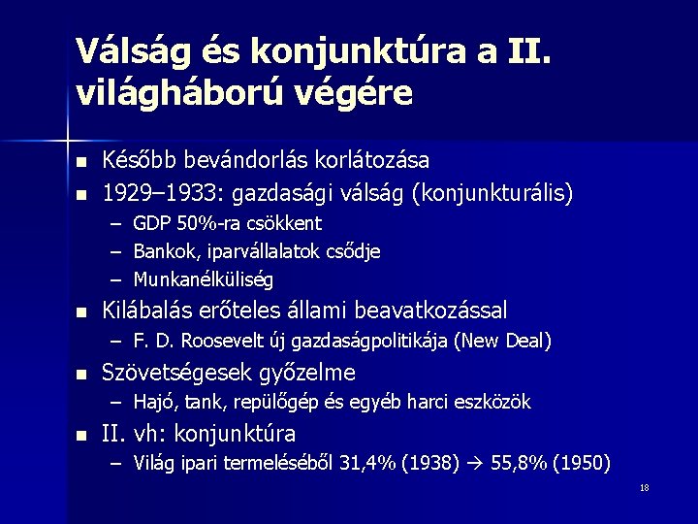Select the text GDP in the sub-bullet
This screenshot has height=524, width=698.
point(150,224)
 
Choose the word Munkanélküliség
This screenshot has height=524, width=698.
point(204,280)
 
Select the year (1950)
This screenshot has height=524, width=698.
point(579,463)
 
